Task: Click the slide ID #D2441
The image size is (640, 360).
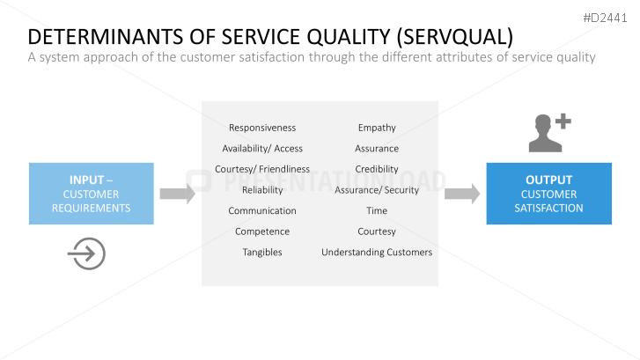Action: point(605,18)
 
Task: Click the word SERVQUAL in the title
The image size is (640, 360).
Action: point(454,37)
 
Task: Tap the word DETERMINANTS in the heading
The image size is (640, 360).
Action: point(105,37)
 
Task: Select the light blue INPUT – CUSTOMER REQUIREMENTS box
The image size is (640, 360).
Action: point(92,194)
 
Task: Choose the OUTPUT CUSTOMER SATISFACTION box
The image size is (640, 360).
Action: point(549,194)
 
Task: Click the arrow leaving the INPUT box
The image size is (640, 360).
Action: point(178,194)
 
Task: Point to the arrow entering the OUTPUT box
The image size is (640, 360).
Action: point(462,194)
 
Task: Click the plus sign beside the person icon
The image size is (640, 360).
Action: point(563,121)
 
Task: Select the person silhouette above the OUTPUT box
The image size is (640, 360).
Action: point(545,134)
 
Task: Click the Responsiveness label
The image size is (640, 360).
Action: point(262,128)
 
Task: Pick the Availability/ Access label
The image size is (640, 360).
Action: point(262,149)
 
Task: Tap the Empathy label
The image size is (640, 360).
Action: point(377,129)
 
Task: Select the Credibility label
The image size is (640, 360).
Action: point(377,169)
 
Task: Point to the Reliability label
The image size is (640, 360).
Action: point(262,190)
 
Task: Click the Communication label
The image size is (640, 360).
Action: point(262,210)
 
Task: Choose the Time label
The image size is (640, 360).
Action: point(377,210)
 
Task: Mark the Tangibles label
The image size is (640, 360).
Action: point(262,253)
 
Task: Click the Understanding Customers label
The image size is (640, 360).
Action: point(377,253)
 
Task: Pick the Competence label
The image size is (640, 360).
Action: point(262,231)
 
